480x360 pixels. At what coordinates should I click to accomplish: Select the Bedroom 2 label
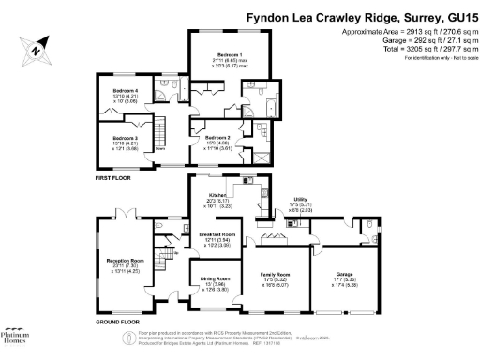(217, 137)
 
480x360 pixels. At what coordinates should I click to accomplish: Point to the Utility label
(300, 200)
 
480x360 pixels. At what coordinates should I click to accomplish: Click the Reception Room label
(124, 261)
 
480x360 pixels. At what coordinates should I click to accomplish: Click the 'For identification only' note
(437, 58)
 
